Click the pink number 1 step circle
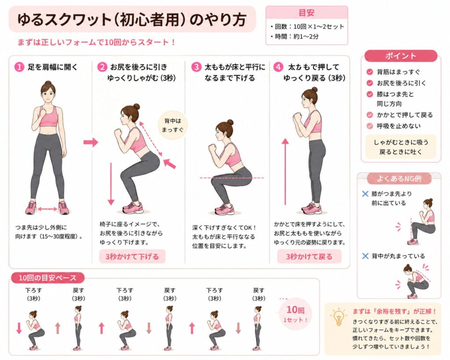[x=19, y=67]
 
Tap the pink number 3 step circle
[x=196, y=67]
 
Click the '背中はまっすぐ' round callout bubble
[x=172, y=125]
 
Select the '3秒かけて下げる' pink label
[x=132, y=256]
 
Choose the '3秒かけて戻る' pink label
[x=309, y=256]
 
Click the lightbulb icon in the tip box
[x=339, y=316]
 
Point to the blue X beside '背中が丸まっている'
[x=365, y=256]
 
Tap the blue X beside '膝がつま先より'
[x=365, y=194]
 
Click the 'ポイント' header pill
[x=401, y=56]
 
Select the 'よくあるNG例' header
[x=399, y=178]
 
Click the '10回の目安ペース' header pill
[x=47, y=278]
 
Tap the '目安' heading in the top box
[x=306, y=13]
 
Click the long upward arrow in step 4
[x=285, y=172]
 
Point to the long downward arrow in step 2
[x=111, y=184]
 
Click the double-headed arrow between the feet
[x=47, y=209]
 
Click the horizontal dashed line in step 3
[x=232, y=178]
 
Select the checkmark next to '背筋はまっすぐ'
[x=370, y=72]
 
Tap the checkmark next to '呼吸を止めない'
[x=370, y=126]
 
